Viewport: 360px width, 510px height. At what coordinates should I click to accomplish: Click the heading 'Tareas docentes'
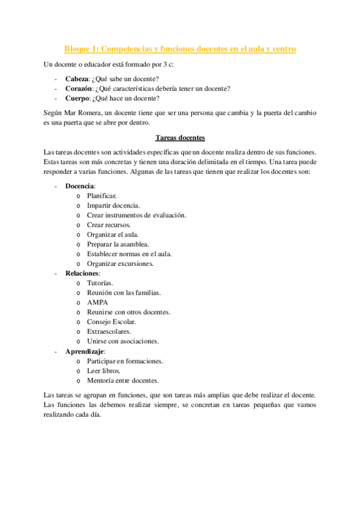click(x=180, y=137)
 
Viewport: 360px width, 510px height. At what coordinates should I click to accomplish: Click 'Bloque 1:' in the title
click(x=82, y=48)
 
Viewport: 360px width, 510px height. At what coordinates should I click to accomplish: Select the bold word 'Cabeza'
click(x=77, y=79)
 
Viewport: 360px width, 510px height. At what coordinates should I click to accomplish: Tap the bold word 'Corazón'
click(x=80, y=88)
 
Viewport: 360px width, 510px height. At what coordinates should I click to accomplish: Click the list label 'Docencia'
click(x=80, y=186)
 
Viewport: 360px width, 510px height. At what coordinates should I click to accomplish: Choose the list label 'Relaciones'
click(x=82, y=273)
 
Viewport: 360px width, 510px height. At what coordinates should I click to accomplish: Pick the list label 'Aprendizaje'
click(x=85, y=351)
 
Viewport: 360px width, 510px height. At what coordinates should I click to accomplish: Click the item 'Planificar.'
click(x=102, y=195)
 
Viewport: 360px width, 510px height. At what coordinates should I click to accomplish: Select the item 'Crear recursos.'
click(x=109, y=224)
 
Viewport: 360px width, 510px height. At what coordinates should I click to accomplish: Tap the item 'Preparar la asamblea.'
click(x=118, y=244)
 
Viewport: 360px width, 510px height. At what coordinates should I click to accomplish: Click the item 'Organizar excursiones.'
click(x=120, y=263)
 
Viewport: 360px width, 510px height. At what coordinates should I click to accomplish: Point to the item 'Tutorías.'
click(x=100, y=283)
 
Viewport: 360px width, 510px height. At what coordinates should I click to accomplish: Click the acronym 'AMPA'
click(x=97, y=303)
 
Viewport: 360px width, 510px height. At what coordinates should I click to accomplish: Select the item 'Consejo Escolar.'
click(x=111, y=322)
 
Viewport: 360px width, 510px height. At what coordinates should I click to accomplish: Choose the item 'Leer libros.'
click(x=103, y=370)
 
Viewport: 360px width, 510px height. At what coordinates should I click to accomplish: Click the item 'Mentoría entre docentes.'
click(x=123, y=380)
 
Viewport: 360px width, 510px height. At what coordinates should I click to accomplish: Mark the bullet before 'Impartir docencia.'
click(x=79, y=206)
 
